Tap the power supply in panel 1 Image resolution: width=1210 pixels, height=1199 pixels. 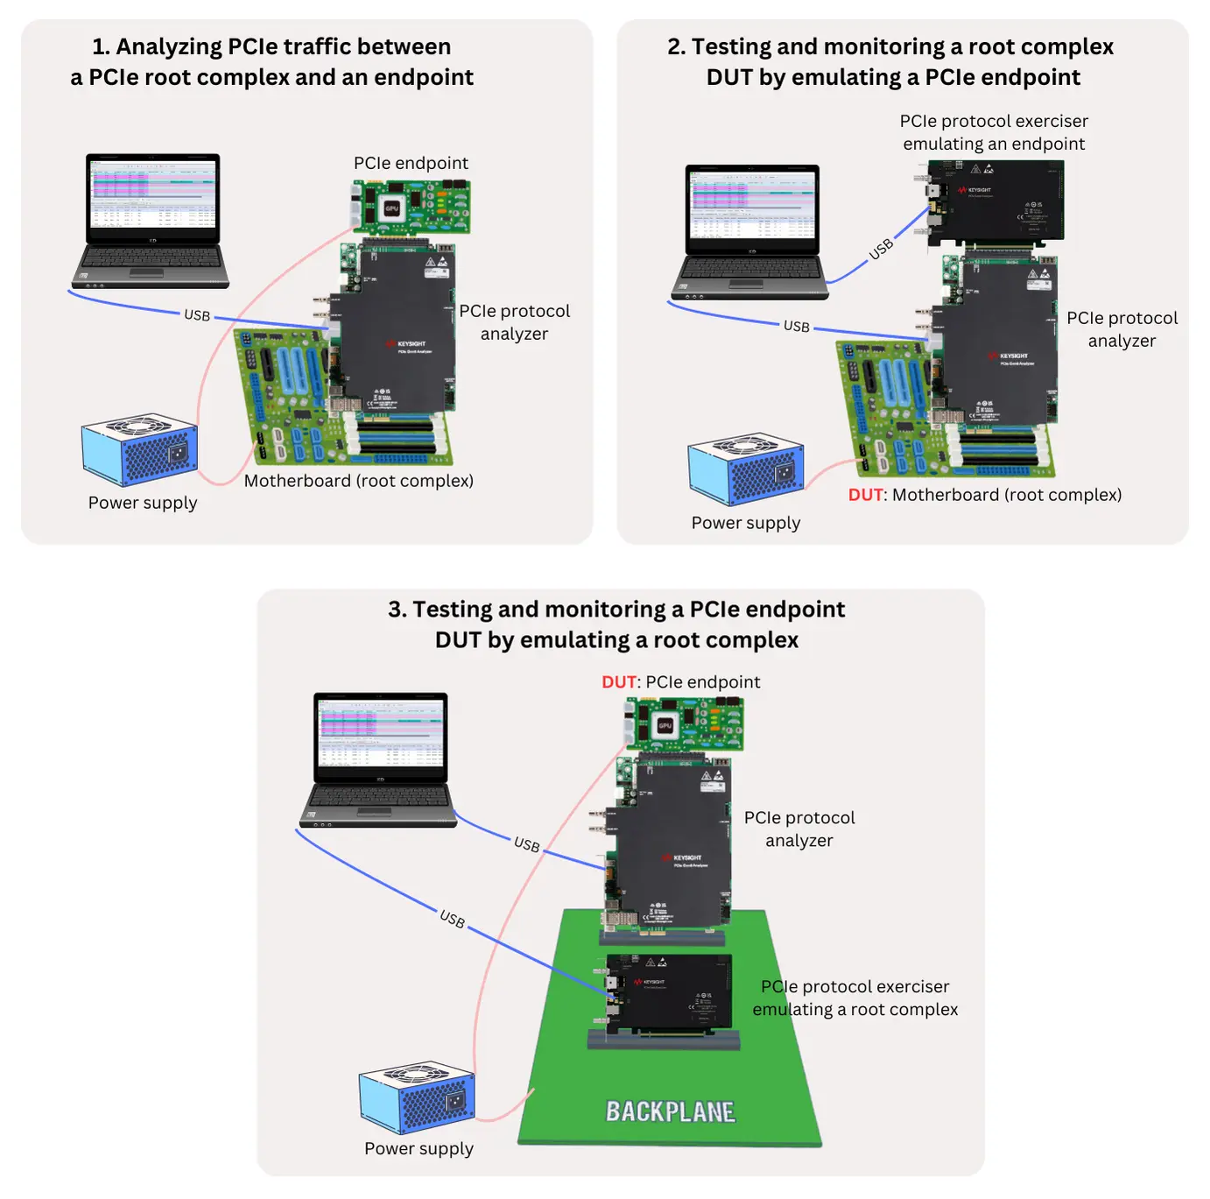coord(140,449)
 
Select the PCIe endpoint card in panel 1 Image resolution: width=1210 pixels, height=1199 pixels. coord(411,207)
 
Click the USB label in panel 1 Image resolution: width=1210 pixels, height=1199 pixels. coord(197,315)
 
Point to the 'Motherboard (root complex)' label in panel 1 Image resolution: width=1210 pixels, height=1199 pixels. coord(358,481)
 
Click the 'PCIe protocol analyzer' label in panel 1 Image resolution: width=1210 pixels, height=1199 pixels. coord(514,322)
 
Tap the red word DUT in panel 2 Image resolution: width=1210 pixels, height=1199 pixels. coord(866,495)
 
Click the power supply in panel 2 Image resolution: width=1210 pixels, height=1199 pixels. coord(746,469)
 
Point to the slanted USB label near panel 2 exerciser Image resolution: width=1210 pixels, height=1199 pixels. coord(881,249)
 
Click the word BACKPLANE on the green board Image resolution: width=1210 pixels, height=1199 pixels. coord(671,1111)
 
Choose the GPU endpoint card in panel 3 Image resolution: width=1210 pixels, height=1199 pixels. coord(685,724)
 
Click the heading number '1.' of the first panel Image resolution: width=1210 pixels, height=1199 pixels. coord(102,46)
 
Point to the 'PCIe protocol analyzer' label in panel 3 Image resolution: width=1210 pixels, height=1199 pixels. coord(799,829)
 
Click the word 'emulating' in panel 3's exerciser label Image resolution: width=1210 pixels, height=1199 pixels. coord(791,1010)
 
